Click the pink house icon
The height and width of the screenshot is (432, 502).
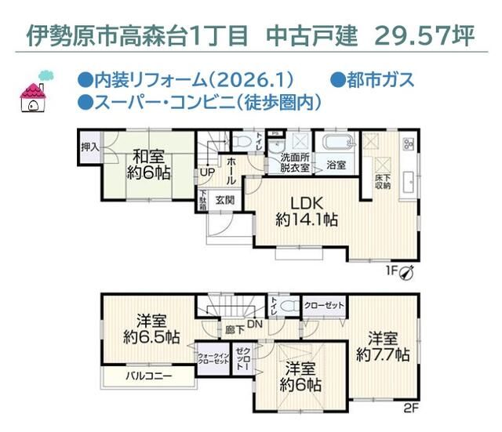(35, 93)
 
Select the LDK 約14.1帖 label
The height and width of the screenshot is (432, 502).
(307, 209)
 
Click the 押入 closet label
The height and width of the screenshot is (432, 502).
(89, 146)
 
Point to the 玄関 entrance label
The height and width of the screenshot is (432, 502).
(225, 200)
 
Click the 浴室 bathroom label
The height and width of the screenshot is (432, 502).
(336, 165)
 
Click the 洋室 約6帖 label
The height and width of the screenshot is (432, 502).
(301, 376)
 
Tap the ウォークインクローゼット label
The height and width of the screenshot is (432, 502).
(213, 359)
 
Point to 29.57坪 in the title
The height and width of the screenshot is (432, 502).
(424, 35)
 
